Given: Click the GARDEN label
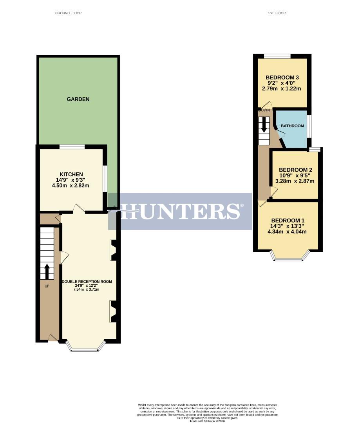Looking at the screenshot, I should point(78,99).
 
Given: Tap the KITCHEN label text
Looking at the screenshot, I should point(71,174).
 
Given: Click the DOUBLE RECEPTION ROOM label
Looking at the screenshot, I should point(87,282).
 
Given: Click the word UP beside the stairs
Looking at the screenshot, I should point(47,286).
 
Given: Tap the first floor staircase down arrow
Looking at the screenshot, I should point(264,125).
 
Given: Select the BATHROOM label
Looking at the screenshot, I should point(292,126).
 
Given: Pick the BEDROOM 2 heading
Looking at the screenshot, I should point(296,170).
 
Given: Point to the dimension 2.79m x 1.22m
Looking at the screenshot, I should point(282,89).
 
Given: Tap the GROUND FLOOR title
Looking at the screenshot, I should point(69,13).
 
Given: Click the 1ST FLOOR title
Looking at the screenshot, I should point(277,13).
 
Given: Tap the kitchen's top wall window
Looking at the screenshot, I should point(72,147).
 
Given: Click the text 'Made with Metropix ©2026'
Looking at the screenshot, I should point(208,421).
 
